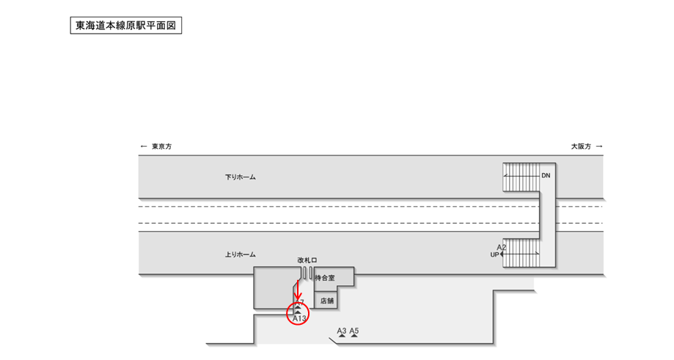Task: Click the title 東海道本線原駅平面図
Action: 125,26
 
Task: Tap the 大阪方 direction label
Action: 581,147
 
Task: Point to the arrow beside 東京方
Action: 144,147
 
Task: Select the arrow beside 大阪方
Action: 599,147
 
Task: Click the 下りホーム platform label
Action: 241,177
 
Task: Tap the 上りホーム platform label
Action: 241,254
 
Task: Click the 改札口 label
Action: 307,260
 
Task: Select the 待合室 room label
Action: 324,278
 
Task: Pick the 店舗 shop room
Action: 327,300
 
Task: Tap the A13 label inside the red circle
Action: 299,318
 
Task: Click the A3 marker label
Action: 341,331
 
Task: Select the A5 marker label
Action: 354,331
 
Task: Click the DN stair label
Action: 546,176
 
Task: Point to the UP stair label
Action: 494,254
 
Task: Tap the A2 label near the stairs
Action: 502,247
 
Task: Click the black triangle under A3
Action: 341,337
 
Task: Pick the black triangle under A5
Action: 354,337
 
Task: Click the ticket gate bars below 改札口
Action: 306,273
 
